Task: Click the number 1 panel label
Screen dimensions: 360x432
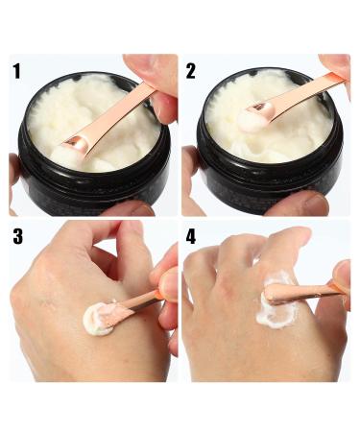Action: coord(16,71)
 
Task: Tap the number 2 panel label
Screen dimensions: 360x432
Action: coord(190,71)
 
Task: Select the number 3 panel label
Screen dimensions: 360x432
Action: coord(18,236)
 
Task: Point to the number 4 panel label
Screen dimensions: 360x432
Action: coord(191,237)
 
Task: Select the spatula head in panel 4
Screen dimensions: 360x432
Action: coord(276,293)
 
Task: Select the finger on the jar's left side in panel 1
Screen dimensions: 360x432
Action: coord(13,180)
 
